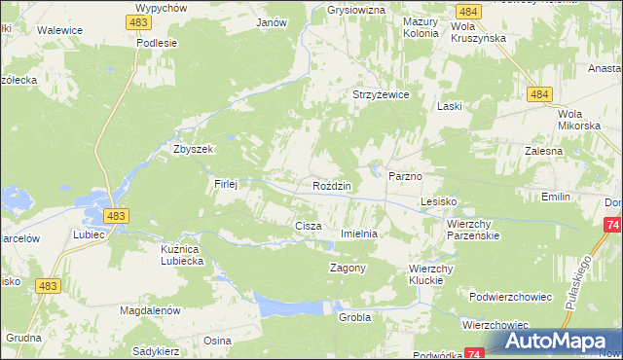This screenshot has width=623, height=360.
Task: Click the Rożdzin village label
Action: click(332, 185)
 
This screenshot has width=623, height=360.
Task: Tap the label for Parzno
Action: click(404, 176)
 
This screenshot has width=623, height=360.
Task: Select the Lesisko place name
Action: click(438, 201)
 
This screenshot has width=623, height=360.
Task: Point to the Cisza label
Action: click(308, 226)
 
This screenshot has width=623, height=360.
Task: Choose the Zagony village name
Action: click(348, 268)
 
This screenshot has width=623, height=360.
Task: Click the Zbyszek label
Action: click(192, 150)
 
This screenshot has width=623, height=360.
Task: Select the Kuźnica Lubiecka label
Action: click(181, 255)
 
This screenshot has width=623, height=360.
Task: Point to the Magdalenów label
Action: click(151, 310)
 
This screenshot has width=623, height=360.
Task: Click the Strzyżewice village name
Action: click(380, 94)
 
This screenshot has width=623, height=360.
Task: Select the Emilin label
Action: click(556, 197)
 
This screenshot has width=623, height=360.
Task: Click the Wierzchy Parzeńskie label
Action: click(473, 230)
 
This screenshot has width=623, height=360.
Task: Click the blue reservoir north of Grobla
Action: click(287, 306)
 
